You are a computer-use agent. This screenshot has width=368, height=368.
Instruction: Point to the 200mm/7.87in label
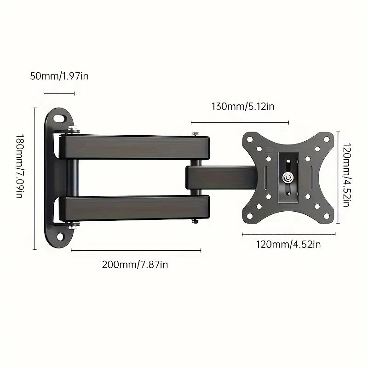tap(135, 264)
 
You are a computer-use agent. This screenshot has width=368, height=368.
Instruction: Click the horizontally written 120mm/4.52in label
tap(288, 244)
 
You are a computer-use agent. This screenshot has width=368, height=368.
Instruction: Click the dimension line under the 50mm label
tap(59, 94)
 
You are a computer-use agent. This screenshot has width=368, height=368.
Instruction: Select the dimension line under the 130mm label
tap(240, 123)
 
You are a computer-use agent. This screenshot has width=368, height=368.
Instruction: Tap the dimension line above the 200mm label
tap(136, 251)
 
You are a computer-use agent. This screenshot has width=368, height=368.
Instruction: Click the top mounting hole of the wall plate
tap(60, 118)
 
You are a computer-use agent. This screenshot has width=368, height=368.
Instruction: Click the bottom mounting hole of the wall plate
tap(60, 237)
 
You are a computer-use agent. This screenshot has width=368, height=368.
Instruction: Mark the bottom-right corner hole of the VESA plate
tap(326, 216)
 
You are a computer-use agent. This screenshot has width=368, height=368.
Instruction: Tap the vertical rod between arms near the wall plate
tap(73, 177)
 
